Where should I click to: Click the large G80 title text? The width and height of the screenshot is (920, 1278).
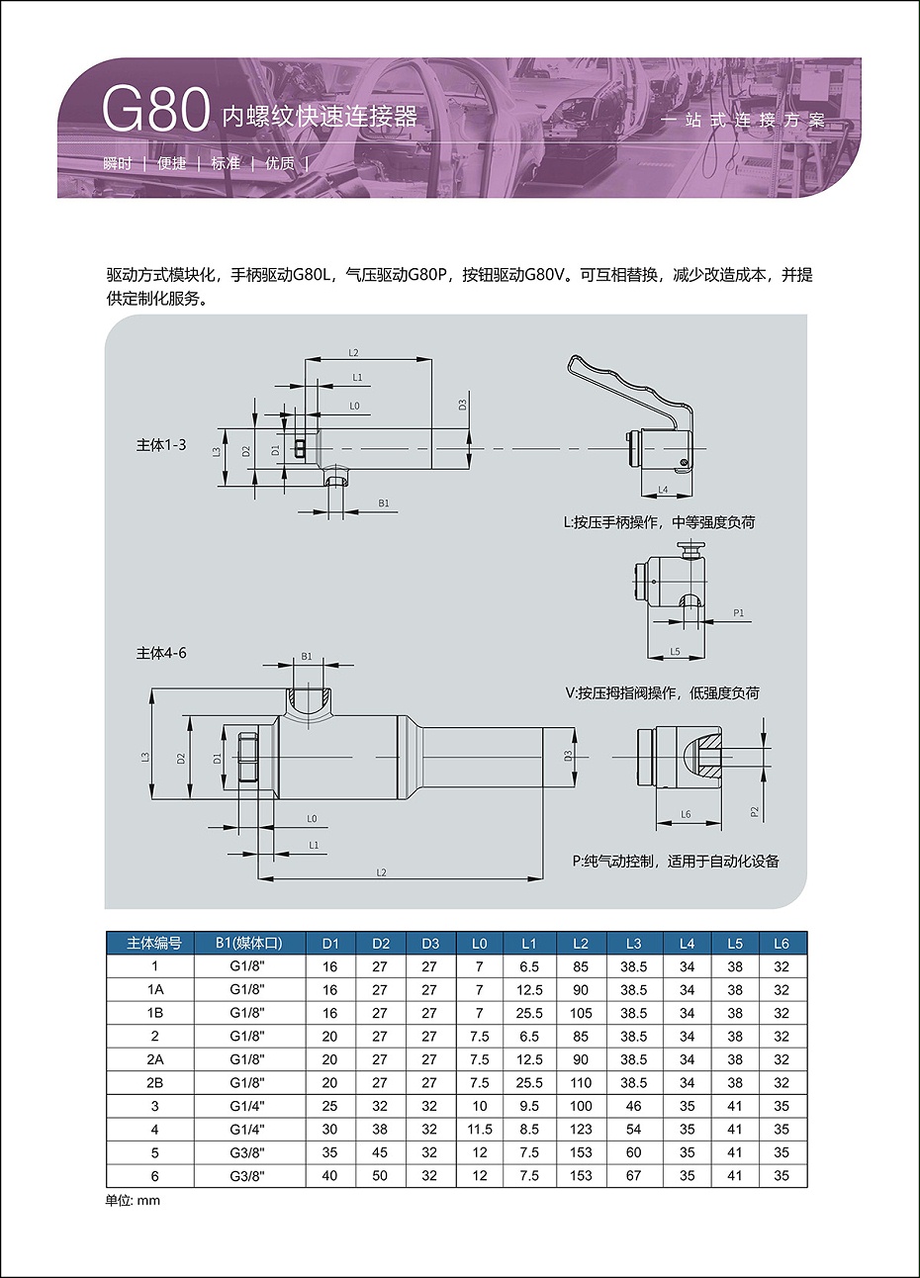(x=155, y=111)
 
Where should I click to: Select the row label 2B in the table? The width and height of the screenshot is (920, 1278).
(x=154, y=1083)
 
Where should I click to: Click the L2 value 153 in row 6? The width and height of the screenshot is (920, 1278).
(x=581, y=1176)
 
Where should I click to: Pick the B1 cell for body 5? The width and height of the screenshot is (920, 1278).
(x=247, y=1152)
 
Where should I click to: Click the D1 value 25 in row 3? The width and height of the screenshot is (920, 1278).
(x=329, y=1106)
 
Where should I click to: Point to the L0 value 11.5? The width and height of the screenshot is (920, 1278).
(x=480, y=1129)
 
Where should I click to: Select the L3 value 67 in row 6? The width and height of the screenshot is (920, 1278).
(x=633, y=1176)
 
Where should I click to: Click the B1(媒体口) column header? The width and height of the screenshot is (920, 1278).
(x=249, y=944)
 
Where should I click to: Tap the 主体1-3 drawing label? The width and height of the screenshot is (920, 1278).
(x=161, y=444)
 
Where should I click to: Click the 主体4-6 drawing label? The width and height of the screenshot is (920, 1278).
(x=161, y=653)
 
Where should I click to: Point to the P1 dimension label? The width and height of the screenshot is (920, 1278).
(x=739, y=613)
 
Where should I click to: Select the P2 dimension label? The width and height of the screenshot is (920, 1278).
(x=755, y=812)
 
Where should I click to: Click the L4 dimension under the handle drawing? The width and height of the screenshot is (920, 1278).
(x=663, y=490)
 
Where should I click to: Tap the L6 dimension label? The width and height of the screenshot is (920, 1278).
(x=686, y=814)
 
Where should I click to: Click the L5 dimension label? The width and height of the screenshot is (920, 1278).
(x=675, y=652)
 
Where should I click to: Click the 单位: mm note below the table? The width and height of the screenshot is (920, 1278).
(x=133, y=1201)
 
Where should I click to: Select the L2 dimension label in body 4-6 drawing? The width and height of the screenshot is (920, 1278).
(x=381, y=872)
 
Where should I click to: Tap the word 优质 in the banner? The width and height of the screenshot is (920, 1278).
(x=280, y=164)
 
